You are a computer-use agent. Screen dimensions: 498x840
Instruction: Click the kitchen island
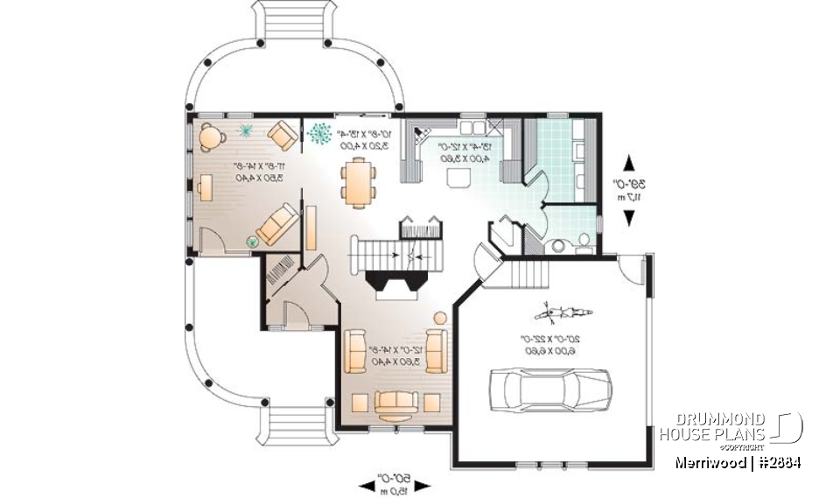point(457,179)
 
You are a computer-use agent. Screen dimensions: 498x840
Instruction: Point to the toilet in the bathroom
point(584,239)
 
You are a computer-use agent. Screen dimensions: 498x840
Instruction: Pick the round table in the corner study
point(211,136)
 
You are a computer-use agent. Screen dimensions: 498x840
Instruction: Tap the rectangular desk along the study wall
point(205,187)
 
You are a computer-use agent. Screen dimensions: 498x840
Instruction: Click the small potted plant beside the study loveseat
point(254,240)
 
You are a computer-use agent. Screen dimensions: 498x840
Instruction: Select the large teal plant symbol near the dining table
point(319,134)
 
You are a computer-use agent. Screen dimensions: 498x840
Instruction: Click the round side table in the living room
point(440,316)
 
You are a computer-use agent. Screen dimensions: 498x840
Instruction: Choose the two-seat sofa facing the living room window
point(396,403)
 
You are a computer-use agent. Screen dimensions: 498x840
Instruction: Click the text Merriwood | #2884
point(737,462)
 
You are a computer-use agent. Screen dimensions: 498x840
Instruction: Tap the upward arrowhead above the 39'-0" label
point(628,163)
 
